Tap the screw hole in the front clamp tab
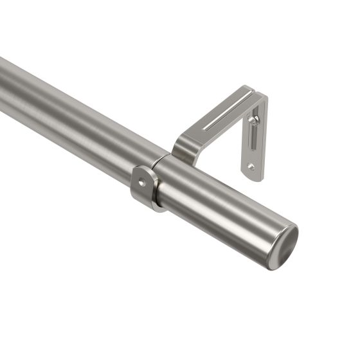click(141, 183)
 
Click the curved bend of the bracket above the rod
click(182, 145)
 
